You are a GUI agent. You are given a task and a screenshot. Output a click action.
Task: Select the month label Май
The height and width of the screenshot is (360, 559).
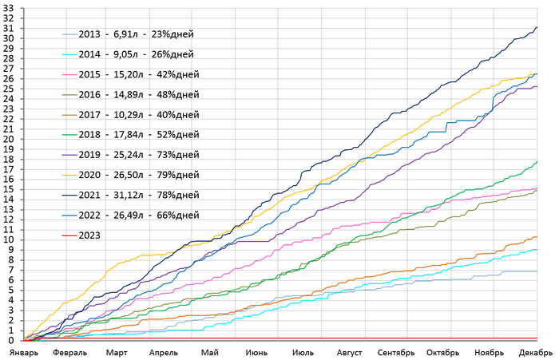click(x=210, y=352)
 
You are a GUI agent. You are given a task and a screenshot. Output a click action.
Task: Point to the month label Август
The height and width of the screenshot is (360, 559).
click(x=350, y=352)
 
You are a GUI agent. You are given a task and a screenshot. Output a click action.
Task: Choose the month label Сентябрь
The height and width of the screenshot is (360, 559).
click(x=397, y=352)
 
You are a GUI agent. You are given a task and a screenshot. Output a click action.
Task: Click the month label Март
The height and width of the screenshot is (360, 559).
click(x=117, y=352)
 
